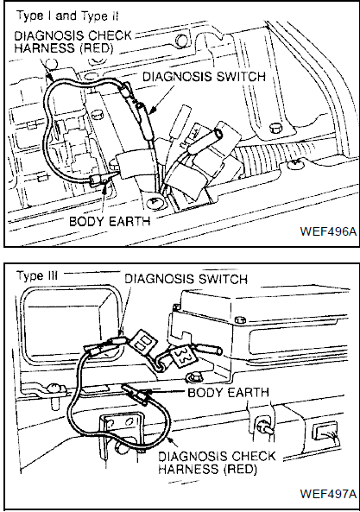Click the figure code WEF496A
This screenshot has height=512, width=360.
click(x=328, y=231)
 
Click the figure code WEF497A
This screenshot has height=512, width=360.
click(x=328, y=493)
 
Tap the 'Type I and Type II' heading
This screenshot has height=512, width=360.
click(x=67, y=16)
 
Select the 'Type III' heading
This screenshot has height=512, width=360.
click(x=37, y=276)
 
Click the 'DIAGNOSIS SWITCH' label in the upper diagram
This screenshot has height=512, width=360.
click(x=205, y=77)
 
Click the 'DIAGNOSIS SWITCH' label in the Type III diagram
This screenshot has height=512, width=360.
click(x=186, y=279)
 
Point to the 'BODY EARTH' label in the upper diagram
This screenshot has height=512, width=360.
click(x=110, y=221)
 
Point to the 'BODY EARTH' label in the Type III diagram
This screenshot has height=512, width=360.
click(x=229, y=392)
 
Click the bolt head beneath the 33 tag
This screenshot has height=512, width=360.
click(x=190, y=378)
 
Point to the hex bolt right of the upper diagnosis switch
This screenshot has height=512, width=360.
click(x=275, y=129)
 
